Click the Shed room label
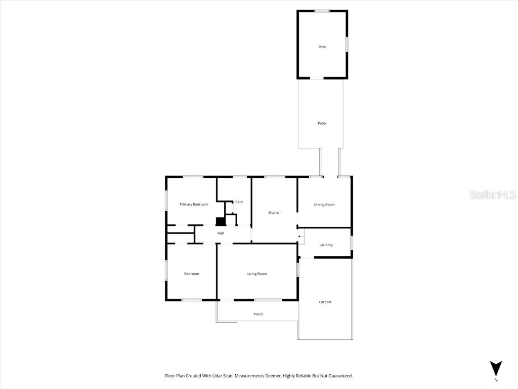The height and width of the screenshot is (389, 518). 322,47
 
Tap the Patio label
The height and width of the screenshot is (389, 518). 322,123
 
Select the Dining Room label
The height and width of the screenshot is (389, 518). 324,205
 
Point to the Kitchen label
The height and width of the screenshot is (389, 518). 274,213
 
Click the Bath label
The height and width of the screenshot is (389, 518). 239,202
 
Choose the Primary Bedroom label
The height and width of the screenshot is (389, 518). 194,204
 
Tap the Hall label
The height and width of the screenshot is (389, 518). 221,233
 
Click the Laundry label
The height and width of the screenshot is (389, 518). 326,245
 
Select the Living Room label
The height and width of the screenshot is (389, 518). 257,274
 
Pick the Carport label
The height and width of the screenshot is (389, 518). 325,302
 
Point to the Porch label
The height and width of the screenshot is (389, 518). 258,314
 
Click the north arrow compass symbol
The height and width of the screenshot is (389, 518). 496,368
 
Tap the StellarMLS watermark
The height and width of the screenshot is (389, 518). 493,194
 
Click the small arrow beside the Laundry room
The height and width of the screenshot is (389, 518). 300,236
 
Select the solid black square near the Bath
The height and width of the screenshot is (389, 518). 221,221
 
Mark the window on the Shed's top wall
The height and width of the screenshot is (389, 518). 322,11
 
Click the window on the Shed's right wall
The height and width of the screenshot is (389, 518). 347,44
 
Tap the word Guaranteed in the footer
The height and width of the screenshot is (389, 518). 339,376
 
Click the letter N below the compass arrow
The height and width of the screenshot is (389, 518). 496,380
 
